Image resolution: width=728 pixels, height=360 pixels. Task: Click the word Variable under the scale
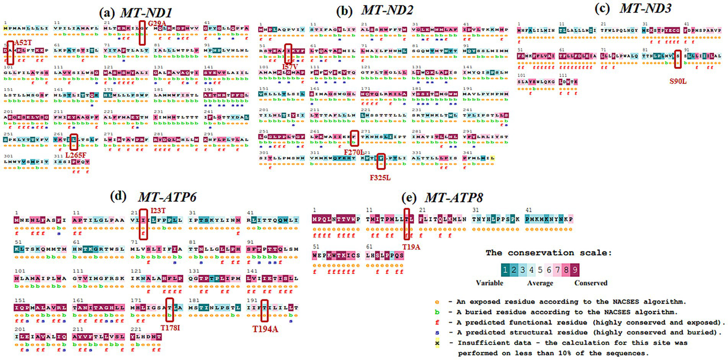(490, 283)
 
